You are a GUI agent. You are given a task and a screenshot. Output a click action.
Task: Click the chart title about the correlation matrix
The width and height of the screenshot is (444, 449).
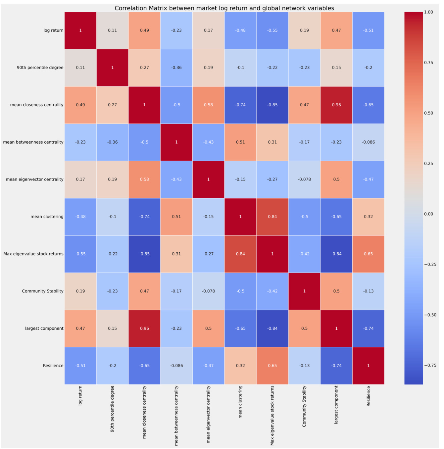pyautogui.click(x=224, y=8)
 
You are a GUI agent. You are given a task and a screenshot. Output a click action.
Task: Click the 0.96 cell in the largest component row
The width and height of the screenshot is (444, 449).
pyautogui.click(x=144, y=328)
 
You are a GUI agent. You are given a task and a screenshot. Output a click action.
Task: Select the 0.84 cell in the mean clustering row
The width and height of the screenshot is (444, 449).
pyautogui.click(x=272, y=217)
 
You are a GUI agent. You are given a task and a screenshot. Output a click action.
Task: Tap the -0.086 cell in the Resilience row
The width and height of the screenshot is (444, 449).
pyautogui.click(x=176, y=366)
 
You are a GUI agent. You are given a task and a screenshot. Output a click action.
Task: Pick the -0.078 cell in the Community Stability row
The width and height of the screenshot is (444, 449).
pyautogui.click(x=208, y=291)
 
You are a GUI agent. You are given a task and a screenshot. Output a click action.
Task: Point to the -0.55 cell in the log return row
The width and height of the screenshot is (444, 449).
pyautogui.click(x=272, y=30)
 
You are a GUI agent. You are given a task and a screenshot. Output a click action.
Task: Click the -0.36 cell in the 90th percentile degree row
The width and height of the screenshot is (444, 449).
pyautogui.click(x=176, y=68)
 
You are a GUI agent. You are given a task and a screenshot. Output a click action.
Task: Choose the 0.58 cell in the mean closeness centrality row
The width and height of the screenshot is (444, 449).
pyautogui.click(x=208, y=105)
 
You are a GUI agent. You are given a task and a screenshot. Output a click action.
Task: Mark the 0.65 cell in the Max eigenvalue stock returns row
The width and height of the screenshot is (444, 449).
pyautogui.click(x=368, y=254)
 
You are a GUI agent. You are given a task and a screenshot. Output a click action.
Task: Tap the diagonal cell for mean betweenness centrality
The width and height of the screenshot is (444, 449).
pyautogui.click(x=176, y=142)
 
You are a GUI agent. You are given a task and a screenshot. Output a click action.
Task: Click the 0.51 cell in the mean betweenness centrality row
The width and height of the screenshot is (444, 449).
pyautogui.click(x=240, y=142)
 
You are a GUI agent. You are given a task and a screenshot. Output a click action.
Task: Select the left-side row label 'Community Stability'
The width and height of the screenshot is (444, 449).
pyautogui.click(x=43, y=291)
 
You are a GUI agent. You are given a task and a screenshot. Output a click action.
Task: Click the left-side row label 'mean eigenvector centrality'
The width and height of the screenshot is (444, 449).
pyautogui.click(x=34, y=179)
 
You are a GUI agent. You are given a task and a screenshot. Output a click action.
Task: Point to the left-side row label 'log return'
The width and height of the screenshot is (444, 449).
pyautogui.click(x=53, y=30)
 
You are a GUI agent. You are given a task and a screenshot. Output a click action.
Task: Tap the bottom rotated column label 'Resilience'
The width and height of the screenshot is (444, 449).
pyautogui.click(x=369, y=396)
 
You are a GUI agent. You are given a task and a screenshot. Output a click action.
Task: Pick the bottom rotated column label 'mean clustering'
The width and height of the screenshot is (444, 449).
pyautogui.click(x=240, y=402)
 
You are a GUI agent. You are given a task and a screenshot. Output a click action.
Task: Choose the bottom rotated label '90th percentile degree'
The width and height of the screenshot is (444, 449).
pyautogui.click(x=112, y=409)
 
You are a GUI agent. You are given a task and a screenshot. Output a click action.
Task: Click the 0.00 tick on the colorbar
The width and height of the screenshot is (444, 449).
pyautogui.click(x=428, y=214)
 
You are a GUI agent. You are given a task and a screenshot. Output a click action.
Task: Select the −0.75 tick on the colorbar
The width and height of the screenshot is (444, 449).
pyautogui.click(x=430, y=365)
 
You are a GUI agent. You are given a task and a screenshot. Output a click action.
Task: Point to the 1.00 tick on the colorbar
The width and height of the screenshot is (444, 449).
pyautogui.click(x=428, y=12)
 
